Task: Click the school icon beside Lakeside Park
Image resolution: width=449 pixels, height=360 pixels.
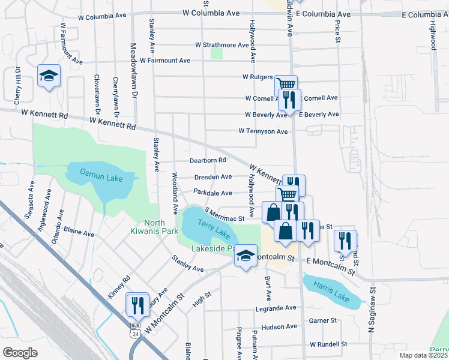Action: (x=245, y=256)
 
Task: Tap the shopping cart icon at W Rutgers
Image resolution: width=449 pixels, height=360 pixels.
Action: (x=287, y=85)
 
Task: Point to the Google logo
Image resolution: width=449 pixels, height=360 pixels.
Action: (x=20, y=352)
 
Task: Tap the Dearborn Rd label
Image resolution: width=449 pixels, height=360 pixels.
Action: (x=208, y=161)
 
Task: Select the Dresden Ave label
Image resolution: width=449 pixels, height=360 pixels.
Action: (x=213, y=177)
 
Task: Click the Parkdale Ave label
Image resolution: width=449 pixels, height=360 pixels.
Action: (x=212, y=193)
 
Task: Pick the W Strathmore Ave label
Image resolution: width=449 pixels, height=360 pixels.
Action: (x=221, y=45)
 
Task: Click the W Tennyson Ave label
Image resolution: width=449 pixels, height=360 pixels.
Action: (x=263, y=131)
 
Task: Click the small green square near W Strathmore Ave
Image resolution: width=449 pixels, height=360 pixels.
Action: (x=217, y=54)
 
